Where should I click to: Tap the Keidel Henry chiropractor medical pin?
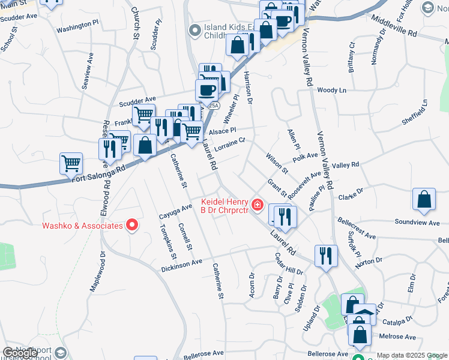pyautogui.click(x=258, y=206)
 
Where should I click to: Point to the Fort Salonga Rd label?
pyautogui.click(x=98, y=173)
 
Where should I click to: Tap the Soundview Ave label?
pyautogui.click(x=416, y=222)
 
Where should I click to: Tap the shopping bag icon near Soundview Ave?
pyautogui.click(x=424, y=201)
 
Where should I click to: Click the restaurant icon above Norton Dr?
pyautogui.click(x=326, y=256)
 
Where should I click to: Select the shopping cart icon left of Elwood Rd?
pyautogui.click(x=71, y=163)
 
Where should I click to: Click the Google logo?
pyautogui.click(x=20, y=353)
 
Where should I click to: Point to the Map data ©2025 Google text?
pyautogui.click(x=412, y=355)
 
